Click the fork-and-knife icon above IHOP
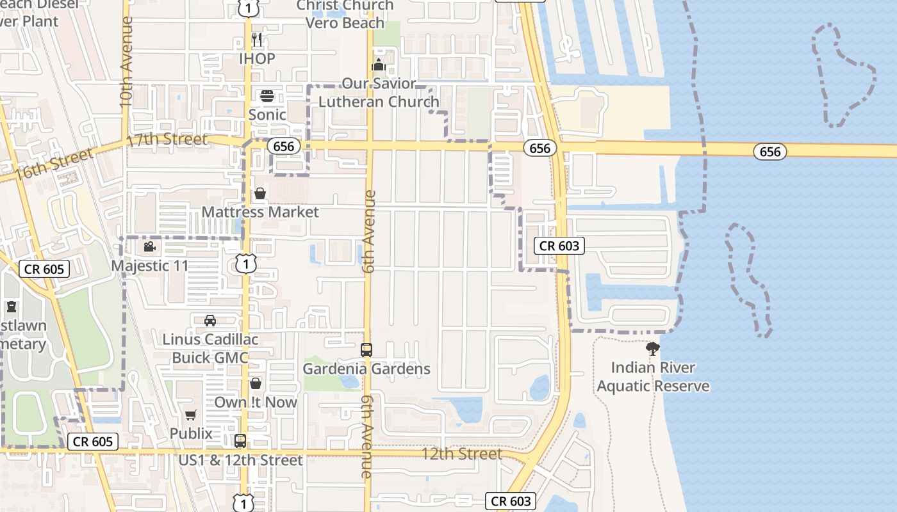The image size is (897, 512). tap(258, 39)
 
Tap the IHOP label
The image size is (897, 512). tap(257, 59)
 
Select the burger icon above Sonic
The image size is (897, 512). tap(267, 96)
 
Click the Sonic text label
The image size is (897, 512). tap(267, 115)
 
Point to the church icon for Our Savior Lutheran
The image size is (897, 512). tap(378, 65)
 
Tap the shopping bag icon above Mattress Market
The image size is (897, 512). tap(260, 193)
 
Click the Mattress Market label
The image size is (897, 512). tap(260, 212)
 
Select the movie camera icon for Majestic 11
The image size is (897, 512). tap(149, 246)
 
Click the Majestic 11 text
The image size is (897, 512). tap(150, 265)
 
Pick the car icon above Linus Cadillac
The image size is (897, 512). tap(210, 320)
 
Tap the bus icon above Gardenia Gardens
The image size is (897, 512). tap(366, 350)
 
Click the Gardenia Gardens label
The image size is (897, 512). tap(366, 369)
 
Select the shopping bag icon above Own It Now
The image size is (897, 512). tap(256, 383)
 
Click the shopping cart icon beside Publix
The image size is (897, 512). tap(190, 415)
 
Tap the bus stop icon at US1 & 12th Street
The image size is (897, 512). tap(240, 441)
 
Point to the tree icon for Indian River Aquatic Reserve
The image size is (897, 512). tap(653, 349)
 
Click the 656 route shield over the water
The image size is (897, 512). tap(769, 151)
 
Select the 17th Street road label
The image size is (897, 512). tap(167, 140)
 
